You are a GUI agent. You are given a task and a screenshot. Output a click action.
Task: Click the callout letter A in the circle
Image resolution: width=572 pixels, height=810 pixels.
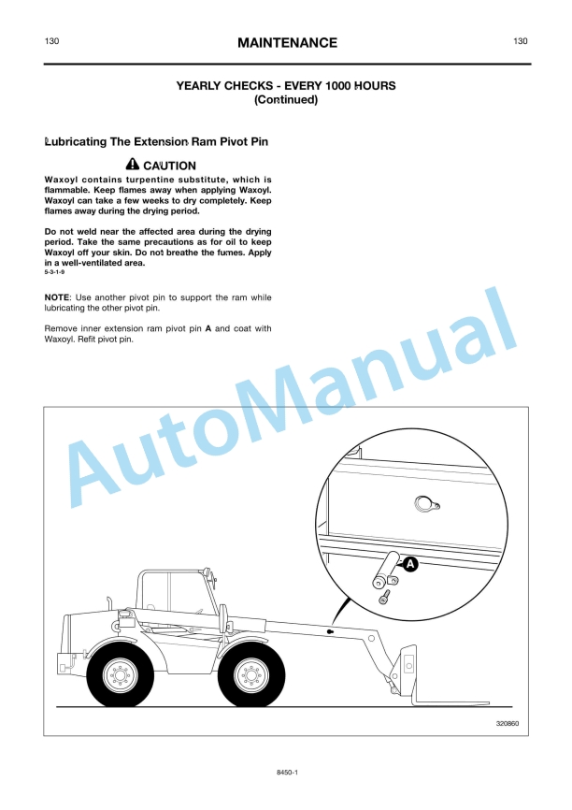[410, 564]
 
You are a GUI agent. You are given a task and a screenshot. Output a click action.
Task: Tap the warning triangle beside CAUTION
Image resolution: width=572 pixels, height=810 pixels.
[133, 165]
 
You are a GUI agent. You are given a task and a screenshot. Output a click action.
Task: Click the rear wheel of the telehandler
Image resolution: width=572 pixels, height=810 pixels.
[120, 674]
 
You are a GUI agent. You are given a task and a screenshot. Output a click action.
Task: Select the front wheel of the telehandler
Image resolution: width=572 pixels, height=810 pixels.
[251, 674]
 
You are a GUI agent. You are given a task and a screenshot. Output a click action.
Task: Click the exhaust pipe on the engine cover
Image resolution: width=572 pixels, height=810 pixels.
[109, 604]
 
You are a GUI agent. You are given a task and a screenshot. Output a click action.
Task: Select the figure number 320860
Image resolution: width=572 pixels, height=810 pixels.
[507, 723]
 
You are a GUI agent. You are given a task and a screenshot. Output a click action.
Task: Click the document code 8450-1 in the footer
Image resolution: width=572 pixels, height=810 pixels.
[288, 773]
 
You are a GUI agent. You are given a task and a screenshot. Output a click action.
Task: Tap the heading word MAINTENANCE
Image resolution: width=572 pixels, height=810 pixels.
[287, 42]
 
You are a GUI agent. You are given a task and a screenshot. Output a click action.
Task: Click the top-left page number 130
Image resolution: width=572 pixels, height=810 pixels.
[51, 41]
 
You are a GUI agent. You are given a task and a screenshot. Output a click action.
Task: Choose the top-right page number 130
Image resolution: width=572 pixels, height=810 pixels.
[521, 41]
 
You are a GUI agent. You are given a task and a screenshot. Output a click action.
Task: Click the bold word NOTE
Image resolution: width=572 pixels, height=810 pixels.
[56, 297]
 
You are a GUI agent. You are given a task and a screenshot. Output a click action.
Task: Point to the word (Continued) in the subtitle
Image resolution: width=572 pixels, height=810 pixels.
[286, 99]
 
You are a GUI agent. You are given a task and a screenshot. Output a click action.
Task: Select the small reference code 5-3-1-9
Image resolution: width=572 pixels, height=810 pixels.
[54, 272]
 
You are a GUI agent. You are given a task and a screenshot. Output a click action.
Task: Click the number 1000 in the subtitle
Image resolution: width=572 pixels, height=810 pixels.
[339, 86]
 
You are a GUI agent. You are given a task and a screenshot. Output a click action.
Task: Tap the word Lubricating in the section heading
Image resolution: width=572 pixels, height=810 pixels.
[76, 141]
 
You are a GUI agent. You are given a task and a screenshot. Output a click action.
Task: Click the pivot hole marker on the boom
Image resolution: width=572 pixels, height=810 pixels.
[330, 631]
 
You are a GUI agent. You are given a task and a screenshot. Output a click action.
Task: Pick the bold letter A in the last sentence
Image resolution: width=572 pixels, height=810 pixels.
[208, 328]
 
